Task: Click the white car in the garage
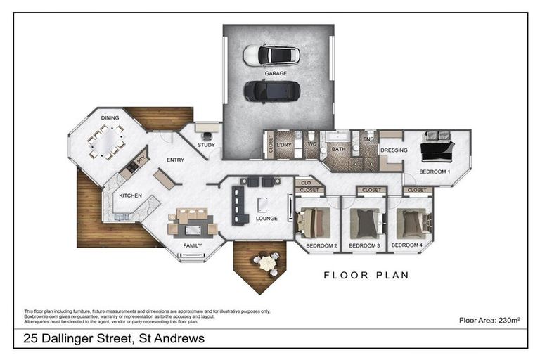pos(271,55)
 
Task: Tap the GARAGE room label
pos(275,73)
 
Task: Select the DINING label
pos(110,118)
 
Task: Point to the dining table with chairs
pos(107,143)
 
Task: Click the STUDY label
pos(206,146)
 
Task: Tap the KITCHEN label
pos(131,195)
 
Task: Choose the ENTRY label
pos(175,160)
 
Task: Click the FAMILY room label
pos(192,245)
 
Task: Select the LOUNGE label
pos(266,219)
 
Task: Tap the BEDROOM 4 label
pos(407,245)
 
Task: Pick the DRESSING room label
pos(394,150)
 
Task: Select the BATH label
pos(339,149)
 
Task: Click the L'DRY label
pos(284,146)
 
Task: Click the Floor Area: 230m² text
pos(489,320)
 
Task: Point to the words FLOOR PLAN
pos(366,275)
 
